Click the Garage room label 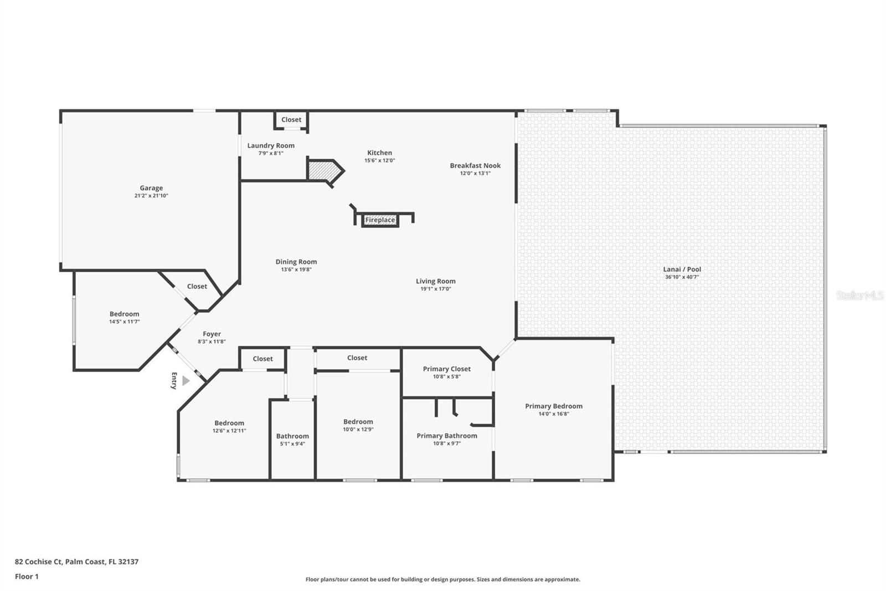pos(151,188)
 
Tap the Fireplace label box pos(380,220)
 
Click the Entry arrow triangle pos(186,381)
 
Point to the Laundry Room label pos(271,146)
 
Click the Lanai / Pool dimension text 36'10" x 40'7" pos(682,277)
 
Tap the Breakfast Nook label pos(475,166)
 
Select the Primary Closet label pos(446,369)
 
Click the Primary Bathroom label pos(446,436)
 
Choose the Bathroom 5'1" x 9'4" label pos(292,436)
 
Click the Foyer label pos(212,334)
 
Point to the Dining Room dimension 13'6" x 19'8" pos(296,270)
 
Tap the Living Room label pos(435,282)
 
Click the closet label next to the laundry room pos(291,120)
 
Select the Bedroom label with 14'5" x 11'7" pos(124,314)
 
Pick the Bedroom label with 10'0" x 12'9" pos(358,422)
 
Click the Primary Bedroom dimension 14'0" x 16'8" pos(553,414)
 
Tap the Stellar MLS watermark pos(859,295)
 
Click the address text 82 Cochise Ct pos(39,562)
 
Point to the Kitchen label pos(379,153)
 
